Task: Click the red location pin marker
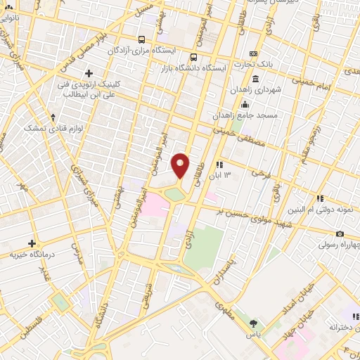coord(180,165)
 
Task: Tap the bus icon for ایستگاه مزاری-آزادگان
coord(142,40)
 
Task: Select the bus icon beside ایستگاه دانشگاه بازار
coord(193,58)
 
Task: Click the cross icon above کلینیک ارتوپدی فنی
coord(89,72)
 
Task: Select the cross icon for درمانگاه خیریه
coord(33,243)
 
